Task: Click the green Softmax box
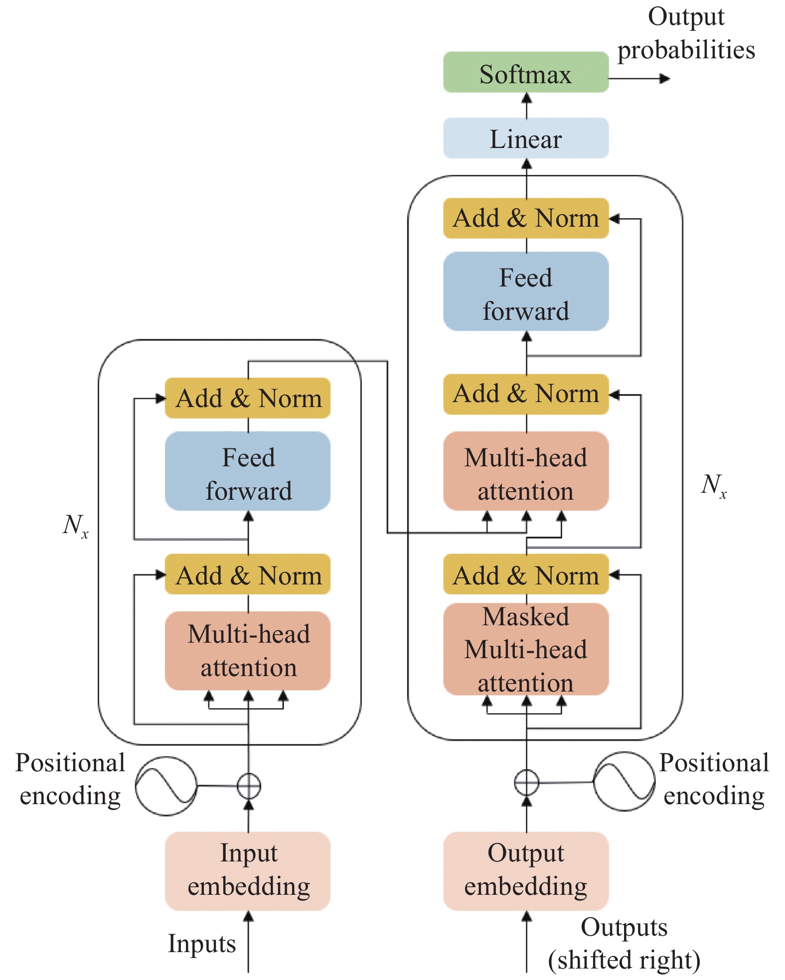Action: pos(526,73)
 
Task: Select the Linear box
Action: pos(526,138)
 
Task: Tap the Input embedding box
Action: pos(248,870)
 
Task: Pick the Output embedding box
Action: pos(526,870)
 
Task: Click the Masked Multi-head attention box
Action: pos(526,649)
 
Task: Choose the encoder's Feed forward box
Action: pos(248,471)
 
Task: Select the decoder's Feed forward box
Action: pos(526,291)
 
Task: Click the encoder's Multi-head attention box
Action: pos(248,651)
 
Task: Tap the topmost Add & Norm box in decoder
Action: pos(526,218)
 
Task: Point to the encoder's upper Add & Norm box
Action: pos(248,398)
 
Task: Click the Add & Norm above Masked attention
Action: pos(526,574)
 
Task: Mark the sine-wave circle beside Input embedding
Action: pos(166,786)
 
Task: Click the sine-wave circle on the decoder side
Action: pos(624,781)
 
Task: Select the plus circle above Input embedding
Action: pos(248,786)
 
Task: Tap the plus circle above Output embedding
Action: pos(526,782)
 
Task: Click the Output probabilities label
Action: pos(686,33)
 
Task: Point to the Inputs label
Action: pos(202,944)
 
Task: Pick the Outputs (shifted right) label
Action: pos(624,944)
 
